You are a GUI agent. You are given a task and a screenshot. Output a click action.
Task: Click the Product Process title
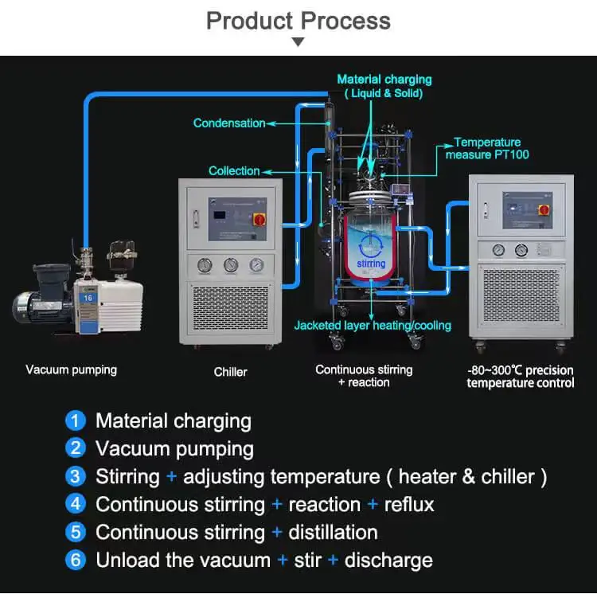298,20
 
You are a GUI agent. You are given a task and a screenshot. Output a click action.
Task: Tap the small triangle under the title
298,41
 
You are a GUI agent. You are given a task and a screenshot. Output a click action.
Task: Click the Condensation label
229,123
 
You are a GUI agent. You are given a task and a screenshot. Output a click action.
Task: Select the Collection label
234,171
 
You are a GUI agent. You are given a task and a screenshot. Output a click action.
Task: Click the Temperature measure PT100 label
487,148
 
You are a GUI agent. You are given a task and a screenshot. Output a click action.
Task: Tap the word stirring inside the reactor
371,264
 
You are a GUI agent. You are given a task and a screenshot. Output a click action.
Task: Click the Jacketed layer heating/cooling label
373,325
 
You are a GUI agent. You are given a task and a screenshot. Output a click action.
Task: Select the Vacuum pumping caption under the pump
71,369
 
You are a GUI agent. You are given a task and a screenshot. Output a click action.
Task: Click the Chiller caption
230,372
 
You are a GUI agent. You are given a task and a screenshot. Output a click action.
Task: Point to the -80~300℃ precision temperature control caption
520,376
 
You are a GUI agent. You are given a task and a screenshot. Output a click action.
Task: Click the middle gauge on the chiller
231,264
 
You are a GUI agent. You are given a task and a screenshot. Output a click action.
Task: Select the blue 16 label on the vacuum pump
88,296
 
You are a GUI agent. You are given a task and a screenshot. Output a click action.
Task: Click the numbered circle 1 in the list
76,420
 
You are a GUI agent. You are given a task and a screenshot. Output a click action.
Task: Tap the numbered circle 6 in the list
76,560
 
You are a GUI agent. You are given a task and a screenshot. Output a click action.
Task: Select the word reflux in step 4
409,504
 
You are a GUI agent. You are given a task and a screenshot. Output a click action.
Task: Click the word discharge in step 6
388,560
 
